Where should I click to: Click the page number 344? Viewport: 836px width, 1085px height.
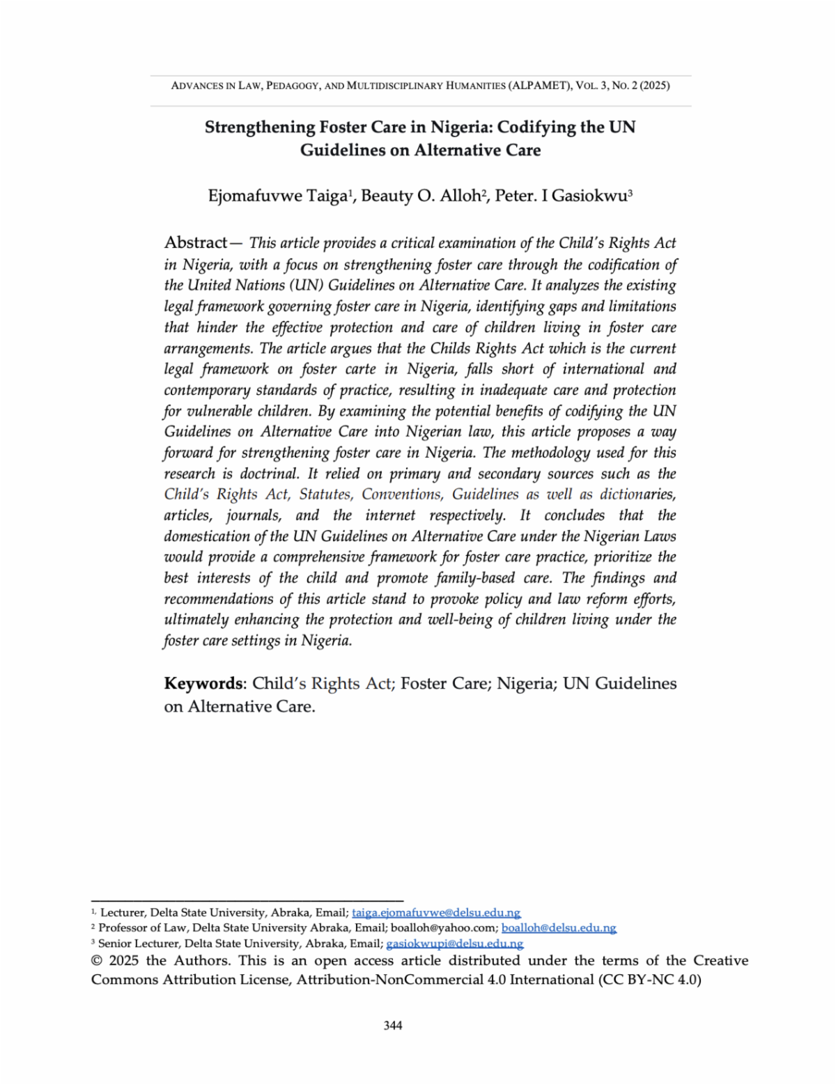pos(393,1025)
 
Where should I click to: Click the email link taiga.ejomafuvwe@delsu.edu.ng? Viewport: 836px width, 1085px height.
pos(436,912)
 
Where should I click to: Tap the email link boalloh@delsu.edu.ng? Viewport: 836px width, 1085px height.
pos(559,928)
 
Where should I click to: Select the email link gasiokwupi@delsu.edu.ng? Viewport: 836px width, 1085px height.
pos(454,944)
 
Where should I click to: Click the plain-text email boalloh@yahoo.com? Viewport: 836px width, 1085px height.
pos(444,928)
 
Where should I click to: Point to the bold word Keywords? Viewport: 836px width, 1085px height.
pos(204,683)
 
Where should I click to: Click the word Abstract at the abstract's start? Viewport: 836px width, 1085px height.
pos(196,242)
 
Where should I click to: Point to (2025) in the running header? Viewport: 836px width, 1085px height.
pos(655,86)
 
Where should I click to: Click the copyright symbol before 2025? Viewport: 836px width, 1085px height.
pos(97,960)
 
